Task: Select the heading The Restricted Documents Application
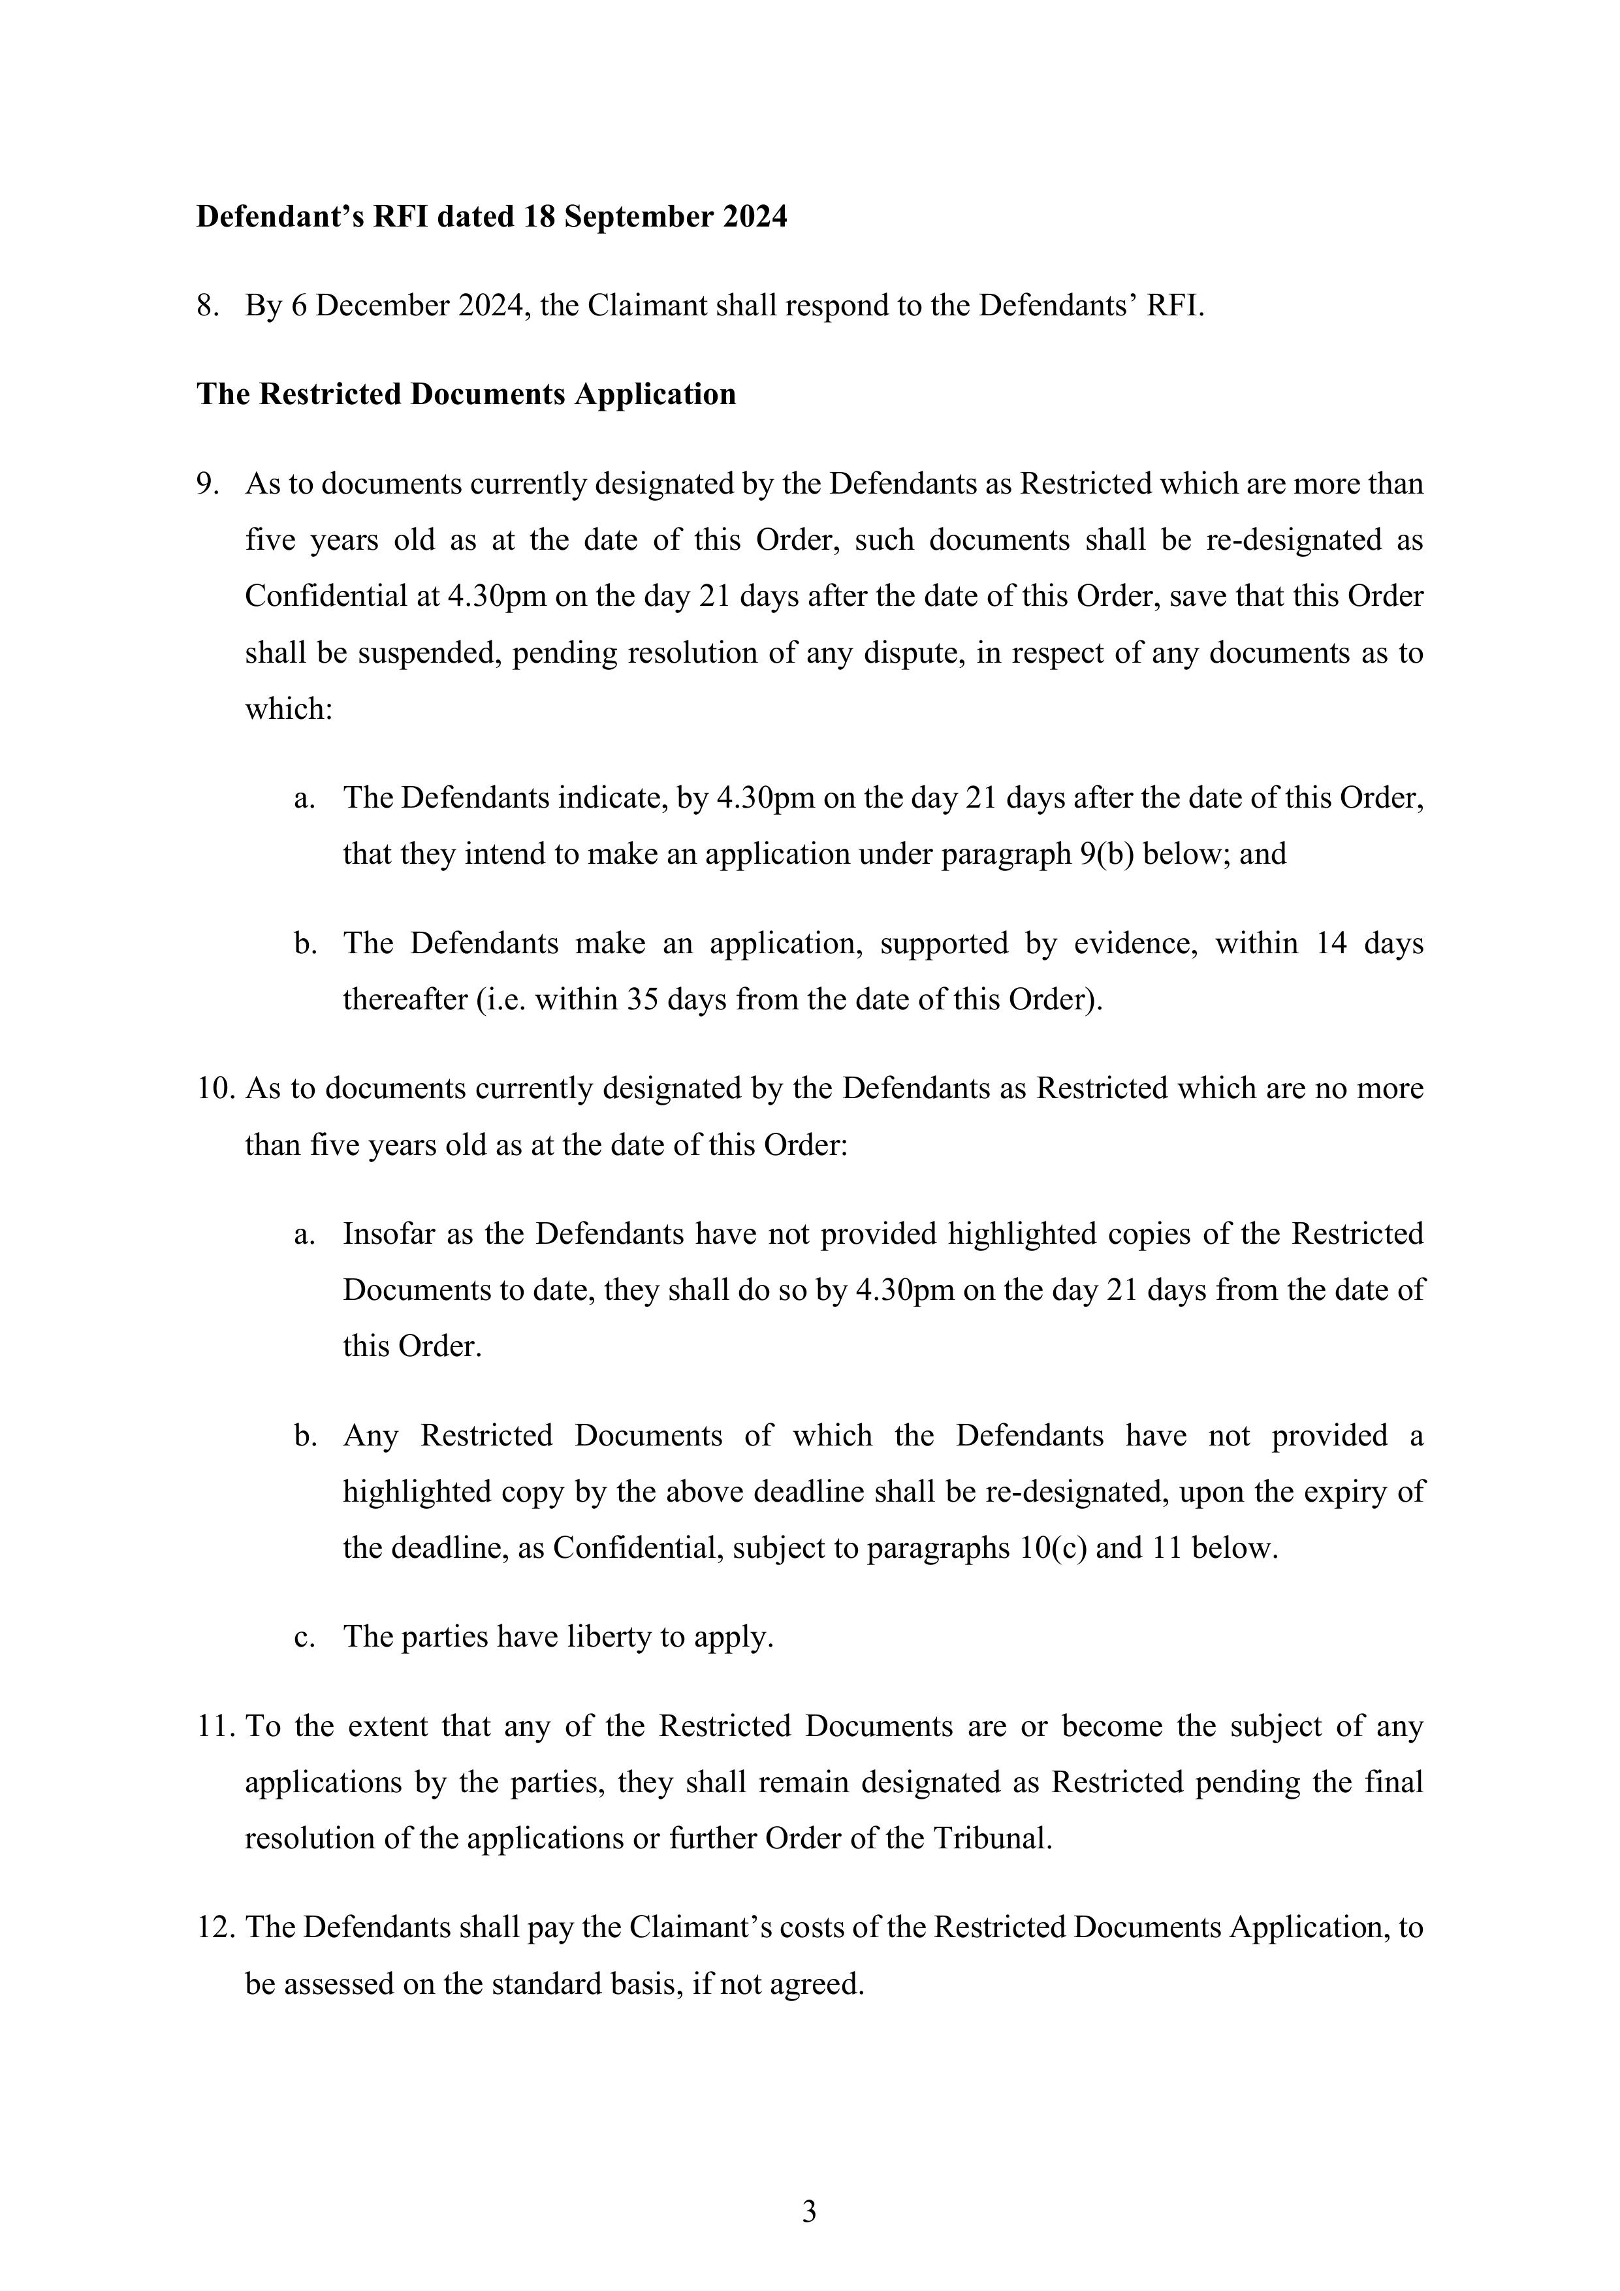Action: coord(466,394)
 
